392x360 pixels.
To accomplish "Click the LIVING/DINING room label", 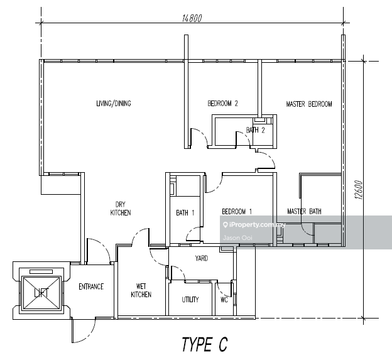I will [113, 104].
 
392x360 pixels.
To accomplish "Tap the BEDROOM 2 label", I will [223, 104].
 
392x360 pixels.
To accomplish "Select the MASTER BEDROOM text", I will [309, 104].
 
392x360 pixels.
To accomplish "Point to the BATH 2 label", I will [256, 130].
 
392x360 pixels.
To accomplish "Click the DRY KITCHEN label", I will [121, 209].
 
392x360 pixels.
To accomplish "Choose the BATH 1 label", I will [185, 212].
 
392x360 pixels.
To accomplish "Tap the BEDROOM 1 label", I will [237, 212].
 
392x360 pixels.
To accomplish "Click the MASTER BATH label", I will [304, 212].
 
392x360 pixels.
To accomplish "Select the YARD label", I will [201, 258].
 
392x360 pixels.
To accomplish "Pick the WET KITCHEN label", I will [141, 290].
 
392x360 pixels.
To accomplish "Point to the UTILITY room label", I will [190, 300].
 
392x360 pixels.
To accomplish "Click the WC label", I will [224, 300].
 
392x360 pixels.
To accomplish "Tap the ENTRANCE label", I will [91, 287].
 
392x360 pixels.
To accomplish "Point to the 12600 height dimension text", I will [359, 191].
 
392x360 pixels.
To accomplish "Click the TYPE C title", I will [204, 344].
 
